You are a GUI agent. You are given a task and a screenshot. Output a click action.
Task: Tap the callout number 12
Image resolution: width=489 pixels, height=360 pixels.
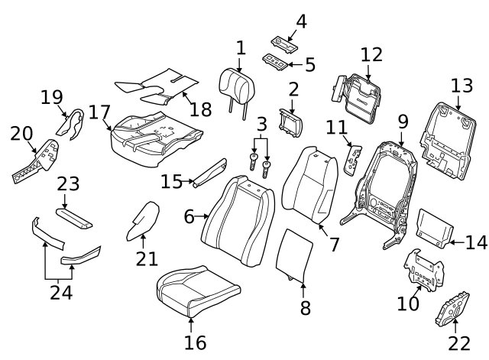pyautogui.click(x=371, y=55)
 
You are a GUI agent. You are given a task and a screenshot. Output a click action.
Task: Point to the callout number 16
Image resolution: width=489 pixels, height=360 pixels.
pyautogui.click(x=196, y=342)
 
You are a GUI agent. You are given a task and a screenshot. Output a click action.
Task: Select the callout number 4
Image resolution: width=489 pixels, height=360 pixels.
pyautogui.click(x=301, y=21)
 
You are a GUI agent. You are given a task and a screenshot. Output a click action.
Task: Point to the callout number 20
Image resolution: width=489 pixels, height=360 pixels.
pyautogui.click(x=21, y=134)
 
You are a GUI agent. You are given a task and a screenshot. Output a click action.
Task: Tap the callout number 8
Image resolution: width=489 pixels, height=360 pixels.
pyautogui.click(x=305, y=309)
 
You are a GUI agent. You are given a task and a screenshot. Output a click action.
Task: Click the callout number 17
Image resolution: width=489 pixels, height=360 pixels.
pyautogui.click(x=99, y=112)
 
